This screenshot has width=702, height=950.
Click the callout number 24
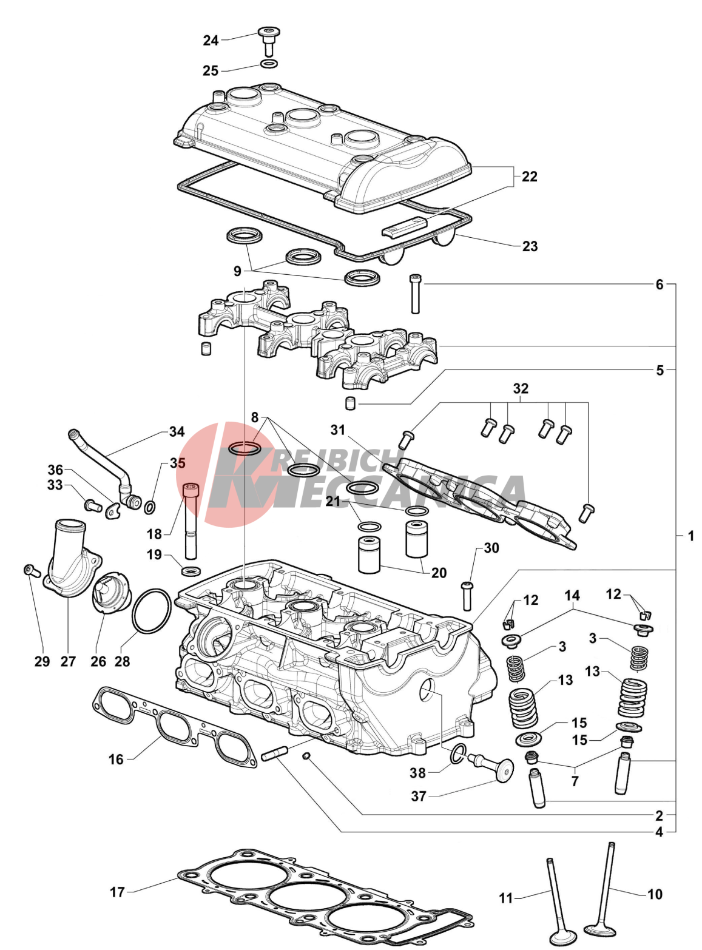pos(211,41)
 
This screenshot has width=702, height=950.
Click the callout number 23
pos(530,246)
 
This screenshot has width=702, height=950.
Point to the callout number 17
pos(117,892)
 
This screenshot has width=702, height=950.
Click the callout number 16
pos(116,759)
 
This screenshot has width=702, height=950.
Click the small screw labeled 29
pos(30,570)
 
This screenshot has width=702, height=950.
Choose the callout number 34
pos(177,432)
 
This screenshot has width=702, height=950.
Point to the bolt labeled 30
pos(467,595)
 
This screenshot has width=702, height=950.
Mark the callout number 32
pos(521,388)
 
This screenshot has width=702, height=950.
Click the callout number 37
pos(418,796)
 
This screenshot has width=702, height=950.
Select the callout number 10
pos(655,894)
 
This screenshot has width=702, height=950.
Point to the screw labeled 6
pos(416,294)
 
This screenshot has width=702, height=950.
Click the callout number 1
pos(690,536)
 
